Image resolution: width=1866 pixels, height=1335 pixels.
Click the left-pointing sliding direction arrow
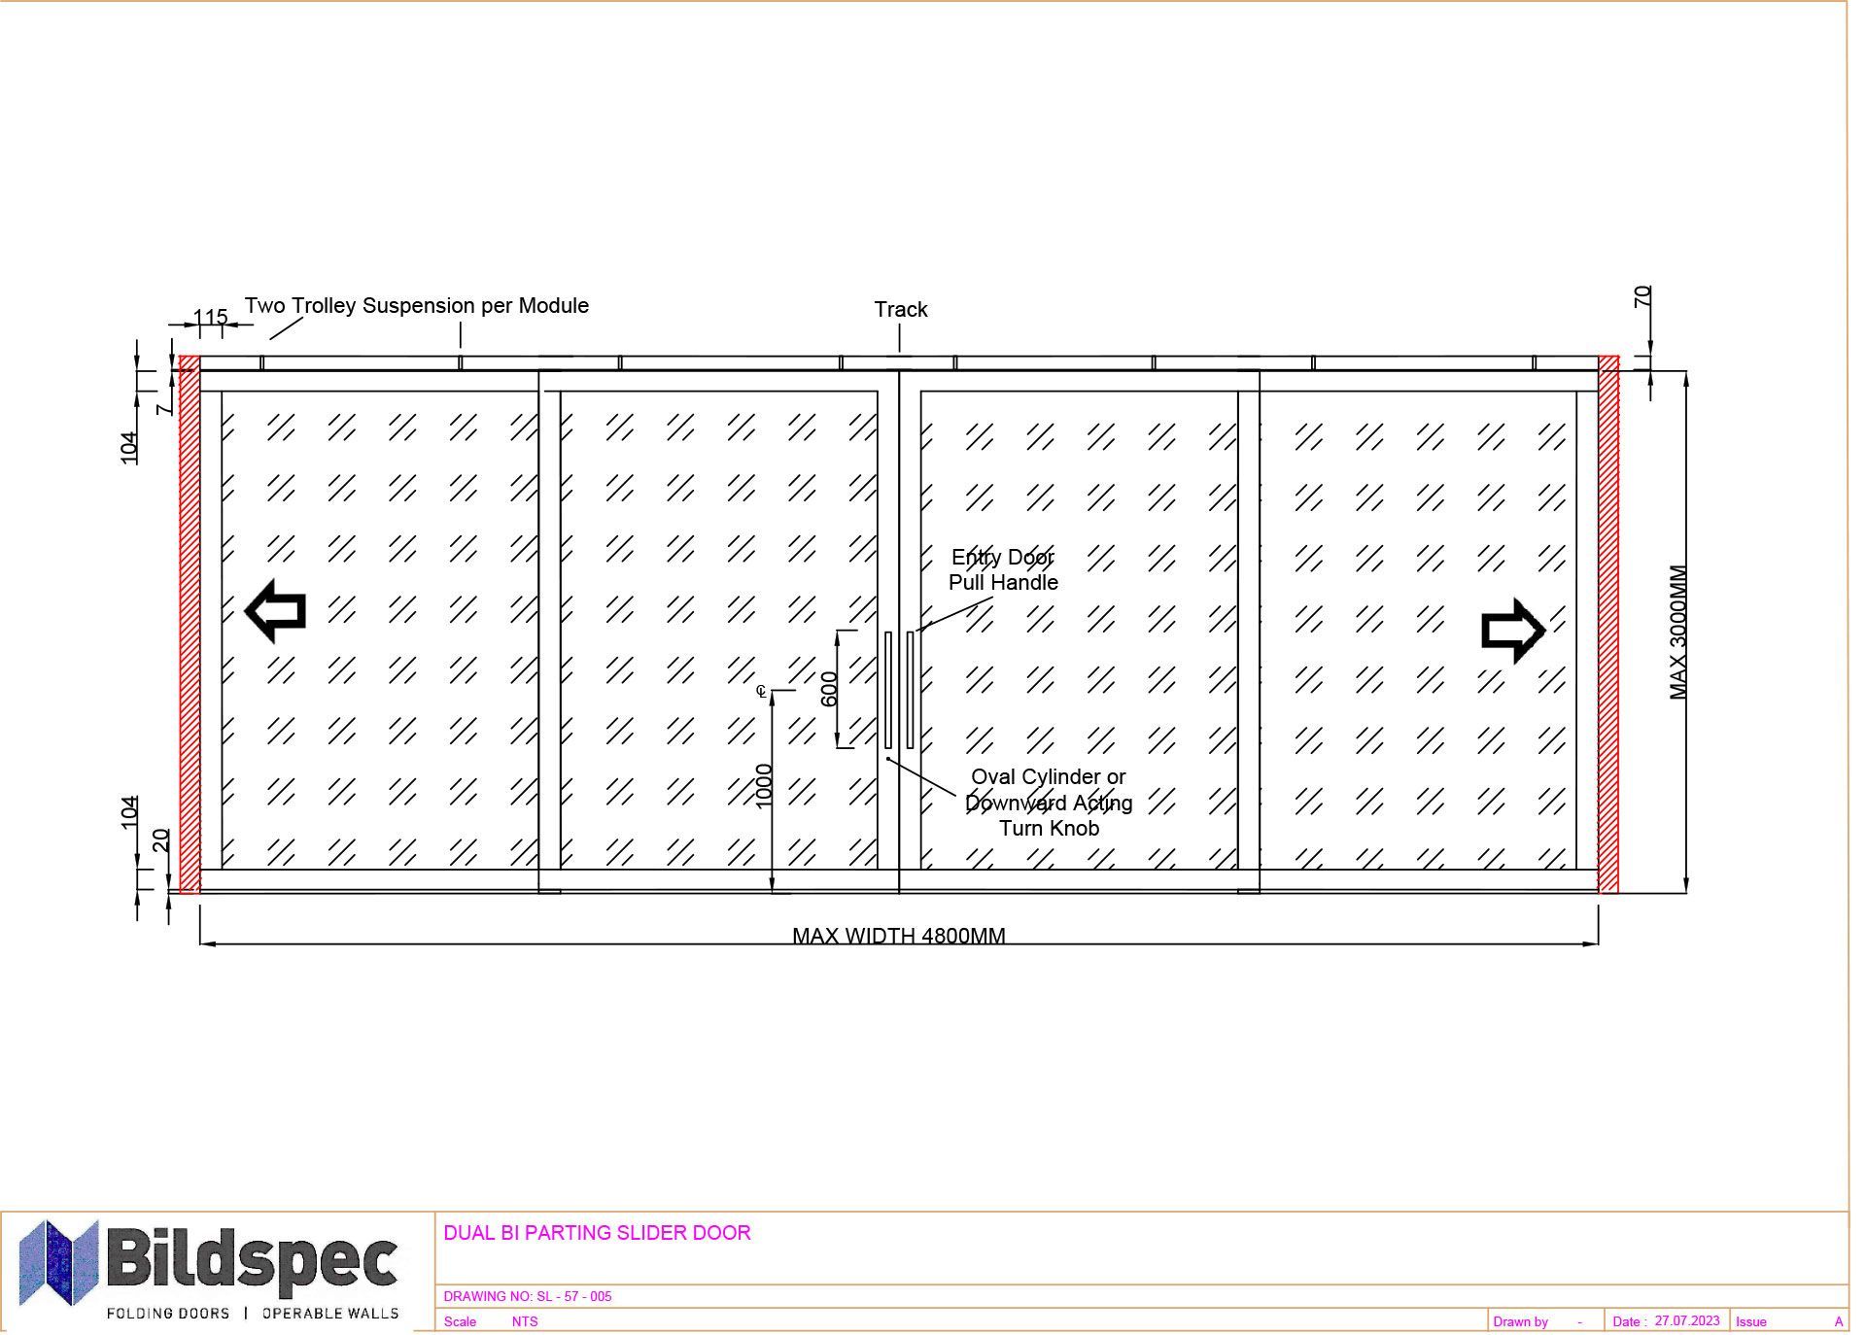tap(276, 611)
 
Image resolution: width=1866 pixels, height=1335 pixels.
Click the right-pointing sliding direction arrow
tap(1513, 631)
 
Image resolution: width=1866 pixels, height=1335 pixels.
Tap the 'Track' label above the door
tap(901, 309)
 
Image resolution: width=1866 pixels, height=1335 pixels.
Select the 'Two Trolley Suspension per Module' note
tap(417, 305)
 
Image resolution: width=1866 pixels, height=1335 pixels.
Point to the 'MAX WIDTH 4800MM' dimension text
tap(899, 935)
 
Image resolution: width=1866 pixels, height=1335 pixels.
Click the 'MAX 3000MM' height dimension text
tap(1678, 633)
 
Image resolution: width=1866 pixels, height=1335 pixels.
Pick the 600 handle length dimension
tap(829, 689)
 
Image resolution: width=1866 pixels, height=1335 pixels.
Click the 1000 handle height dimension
tap(764, 785)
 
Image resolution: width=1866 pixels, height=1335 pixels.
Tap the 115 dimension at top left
tap(211, 317)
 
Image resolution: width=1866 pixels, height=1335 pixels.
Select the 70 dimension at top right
tap(1642, 296)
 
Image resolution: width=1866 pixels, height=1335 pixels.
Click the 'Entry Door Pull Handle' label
tap(1003, 569)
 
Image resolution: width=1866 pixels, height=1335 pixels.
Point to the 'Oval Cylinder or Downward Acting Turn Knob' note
tap(1049, 803)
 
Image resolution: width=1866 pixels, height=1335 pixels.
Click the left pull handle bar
tap(888, 690)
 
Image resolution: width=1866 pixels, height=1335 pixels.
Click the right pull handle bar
tap(911, 690)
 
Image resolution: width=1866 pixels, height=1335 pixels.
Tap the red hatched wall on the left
tap(190, 624)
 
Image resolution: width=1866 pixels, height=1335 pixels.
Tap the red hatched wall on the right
tap(1609, 624)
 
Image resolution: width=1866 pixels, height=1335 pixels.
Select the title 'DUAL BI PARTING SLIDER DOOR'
tap(597, 1233)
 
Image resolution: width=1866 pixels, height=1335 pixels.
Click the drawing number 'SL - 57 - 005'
tap(574, 1296)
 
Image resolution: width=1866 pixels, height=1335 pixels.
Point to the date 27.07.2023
tap(1687, 1320)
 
